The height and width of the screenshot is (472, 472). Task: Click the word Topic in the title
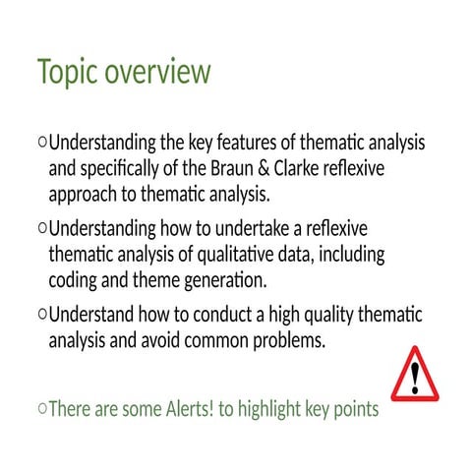click(67, 73)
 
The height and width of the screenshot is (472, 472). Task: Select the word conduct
click(213, 317)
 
